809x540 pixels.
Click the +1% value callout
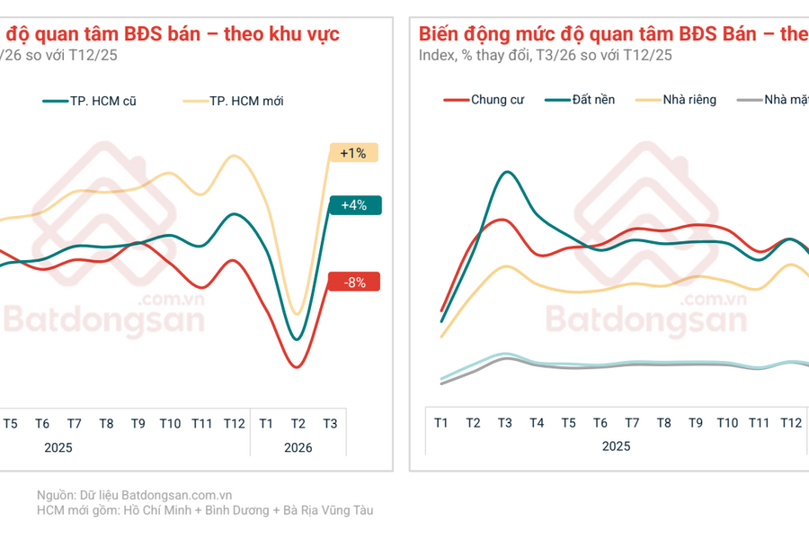[x=353, y=153]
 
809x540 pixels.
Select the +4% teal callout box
[x=354, y=205]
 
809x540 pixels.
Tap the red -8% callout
[x=354, y=282]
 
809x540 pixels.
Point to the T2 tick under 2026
[x=298, y=424]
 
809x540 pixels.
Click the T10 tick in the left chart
[x=170, y=424]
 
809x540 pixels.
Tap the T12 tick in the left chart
[x=234, y=424]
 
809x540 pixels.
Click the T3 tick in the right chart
[x=505, y=423]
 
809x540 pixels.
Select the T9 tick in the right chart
[x=695, y=423]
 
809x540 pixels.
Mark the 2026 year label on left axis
[x=298, y=446]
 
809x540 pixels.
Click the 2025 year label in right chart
[x=616, y=445]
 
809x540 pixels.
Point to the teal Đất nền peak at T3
[x=508, y=172]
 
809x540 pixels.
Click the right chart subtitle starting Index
[x=545, y=55]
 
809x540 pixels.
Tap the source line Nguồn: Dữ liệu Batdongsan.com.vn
[x=135, y=494]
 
